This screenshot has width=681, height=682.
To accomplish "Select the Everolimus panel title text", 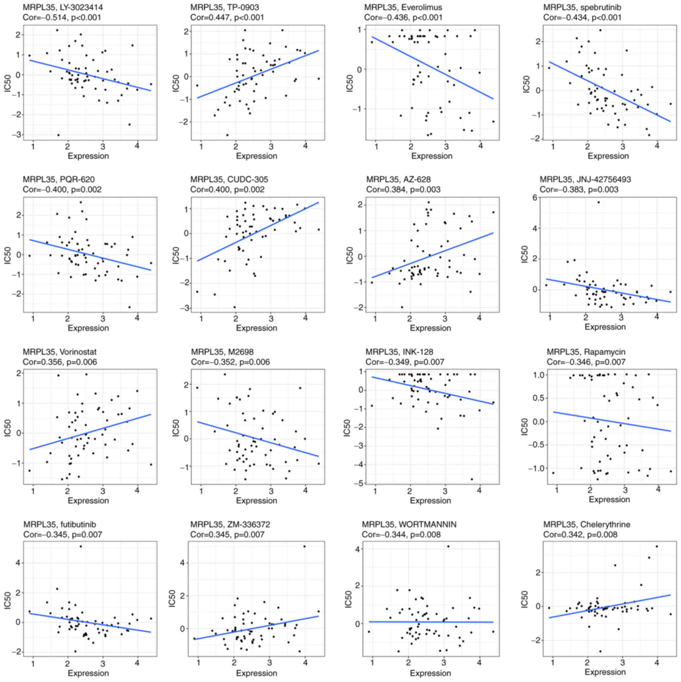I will click(x=403, y=7).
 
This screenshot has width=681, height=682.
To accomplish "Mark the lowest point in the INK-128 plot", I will click(x=472, y=479).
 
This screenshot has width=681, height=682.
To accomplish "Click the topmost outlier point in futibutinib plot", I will click(x=81, y=547).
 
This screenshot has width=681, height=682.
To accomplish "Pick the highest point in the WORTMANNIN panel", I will click(x=448, y=547).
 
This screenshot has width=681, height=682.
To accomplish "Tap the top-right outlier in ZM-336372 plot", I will click(x=305, y=547).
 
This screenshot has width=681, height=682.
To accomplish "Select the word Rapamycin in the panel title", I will click(x=605, y=352).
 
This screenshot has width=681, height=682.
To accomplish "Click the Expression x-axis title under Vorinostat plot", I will click(x=88, y=501).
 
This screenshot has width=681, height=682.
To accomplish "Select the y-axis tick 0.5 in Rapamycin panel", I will click(x=536, y=398).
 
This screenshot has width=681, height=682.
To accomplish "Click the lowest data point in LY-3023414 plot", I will click(x=58, y=135).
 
